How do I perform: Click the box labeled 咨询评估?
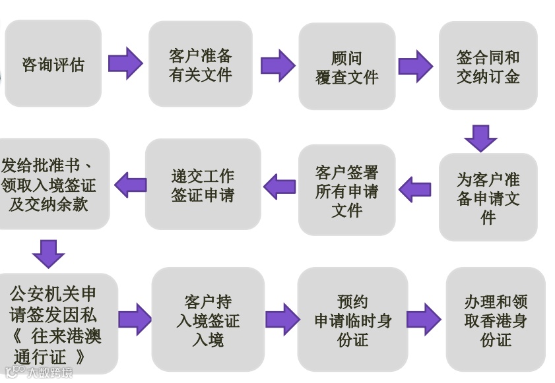click(53, 64)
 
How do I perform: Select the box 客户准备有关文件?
click(200, 65)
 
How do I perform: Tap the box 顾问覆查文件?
click(346, 67)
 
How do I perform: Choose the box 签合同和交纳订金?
click(488, 66)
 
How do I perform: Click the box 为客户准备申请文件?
click(488, 197)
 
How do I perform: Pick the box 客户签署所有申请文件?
click(346, 191)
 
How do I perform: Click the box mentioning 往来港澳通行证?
click(56, 324)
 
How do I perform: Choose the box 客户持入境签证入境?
click(208, 320)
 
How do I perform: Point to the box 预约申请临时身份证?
click(352, 320)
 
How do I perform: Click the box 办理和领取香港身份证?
click(496, 320)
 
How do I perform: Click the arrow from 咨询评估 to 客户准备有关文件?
click(125, 63)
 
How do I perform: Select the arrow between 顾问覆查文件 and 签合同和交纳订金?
click(415, 66)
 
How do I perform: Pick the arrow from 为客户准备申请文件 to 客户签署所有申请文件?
click(415, 190)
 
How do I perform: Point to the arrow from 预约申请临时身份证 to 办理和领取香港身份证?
click(424, 320)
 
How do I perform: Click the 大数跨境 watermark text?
click(49, 373)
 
